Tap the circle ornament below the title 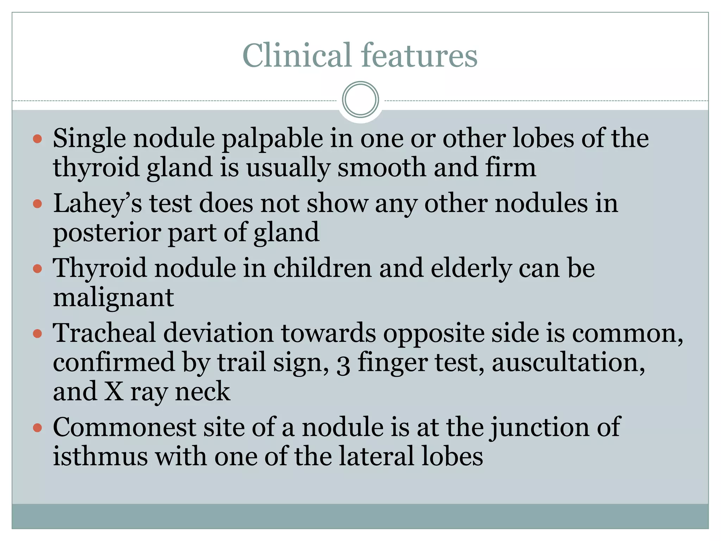click(360, 100)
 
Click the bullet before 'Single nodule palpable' click(37, 138)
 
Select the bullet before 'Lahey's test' click(37, 204)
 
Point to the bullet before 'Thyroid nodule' click(37, 269)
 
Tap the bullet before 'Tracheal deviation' click(37, 334)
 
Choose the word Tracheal click(104, 333)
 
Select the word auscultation click(568, 362)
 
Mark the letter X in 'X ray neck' click(114, 392)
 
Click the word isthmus click(100, 456)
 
